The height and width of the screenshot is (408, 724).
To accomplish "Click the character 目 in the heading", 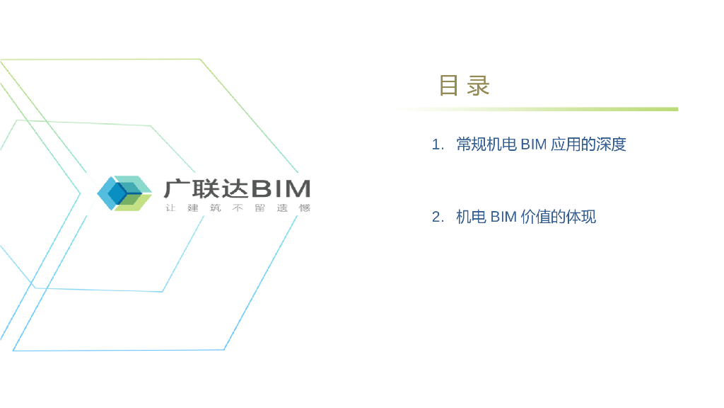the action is pyautogui.click(x=448, y=86).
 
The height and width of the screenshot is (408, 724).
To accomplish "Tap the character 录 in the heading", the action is pyautogui.click(x=479, y=86).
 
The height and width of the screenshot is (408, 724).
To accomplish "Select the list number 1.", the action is pyautogui.click(x=437, y=145).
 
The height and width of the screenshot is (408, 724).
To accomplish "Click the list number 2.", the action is pyautogui.click(x=437, y=217).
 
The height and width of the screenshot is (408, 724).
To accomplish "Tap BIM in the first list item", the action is pyautogui.click(x=534, y=145).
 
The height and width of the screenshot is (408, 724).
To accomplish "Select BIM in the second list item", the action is pyautogui.click(x=503, y=217).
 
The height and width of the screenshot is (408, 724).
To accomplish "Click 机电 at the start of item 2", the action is pyautogui.click(x=471, y=217).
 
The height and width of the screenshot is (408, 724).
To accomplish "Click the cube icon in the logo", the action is pyautogui.click(x=124, y=193).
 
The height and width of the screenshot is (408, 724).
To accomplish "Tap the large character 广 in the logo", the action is pyautogui.click(x=176, y=188).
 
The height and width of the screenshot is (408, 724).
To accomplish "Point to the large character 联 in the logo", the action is pyautogui.click(x=204, y=188).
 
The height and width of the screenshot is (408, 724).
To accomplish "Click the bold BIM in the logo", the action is pyautogui.click(x=281, y=188).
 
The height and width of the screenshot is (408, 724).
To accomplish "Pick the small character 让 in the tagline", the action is pyautogui.click(x=170, y=208).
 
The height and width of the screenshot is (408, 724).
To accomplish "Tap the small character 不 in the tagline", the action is pyautogui.click(x=238, y=208).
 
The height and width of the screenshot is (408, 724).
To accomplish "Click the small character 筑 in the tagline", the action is pyautogui.click(x=215, y=208).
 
